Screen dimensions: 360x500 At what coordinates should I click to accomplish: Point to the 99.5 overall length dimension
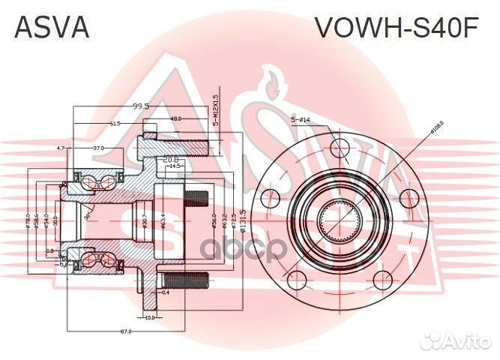pos(139,106)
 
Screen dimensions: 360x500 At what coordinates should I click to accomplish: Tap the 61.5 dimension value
pos(115,122)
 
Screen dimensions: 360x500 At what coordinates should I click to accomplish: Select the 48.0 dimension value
pos(175,118)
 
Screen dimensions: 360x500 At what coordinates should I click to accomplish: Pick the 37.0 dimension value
pos(99,148)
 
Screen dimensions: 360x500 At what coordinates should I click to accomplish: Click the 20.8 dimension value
pos(170,159)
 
